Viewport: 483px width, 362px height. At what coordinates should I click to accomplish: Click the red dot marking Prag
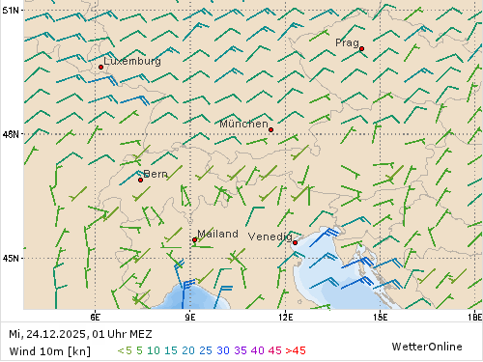(361, 48)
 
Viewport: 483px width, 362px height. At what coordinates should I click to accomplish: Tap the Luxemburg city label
(132, 61)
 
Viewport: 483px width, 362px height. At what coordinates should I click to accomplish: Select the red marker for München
(270, 129)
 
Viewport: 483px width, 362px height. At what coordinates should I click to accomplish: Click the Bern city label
(156, 174)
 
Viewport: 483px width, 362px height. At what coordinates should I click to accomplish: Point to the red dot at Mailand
(195, 239)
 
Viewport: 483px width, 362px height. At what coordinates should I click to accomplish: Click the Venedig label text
(270, 237)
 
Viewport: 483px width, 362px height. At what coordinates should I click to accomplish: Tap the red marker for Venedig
(295, 242)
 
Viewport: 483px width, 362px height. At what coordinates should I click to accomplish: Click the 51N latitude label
(11, 10)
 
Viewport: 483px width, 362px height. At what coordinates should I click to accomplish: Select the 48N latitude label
(11, 134)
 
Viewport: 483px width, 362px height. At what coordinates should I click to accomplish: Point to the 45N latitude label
(11, 258)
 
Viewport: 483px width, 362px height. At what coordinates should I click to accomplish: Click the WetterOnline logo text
(427, 346)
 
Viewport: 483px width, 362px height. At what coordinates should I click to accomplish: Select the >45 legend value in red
(296, 350)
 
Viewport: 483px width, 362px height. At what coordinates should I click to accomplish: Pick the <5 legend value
(125, 350)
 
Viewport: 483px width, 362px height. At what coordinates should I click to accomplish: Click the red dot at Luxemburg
(100, 67)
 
